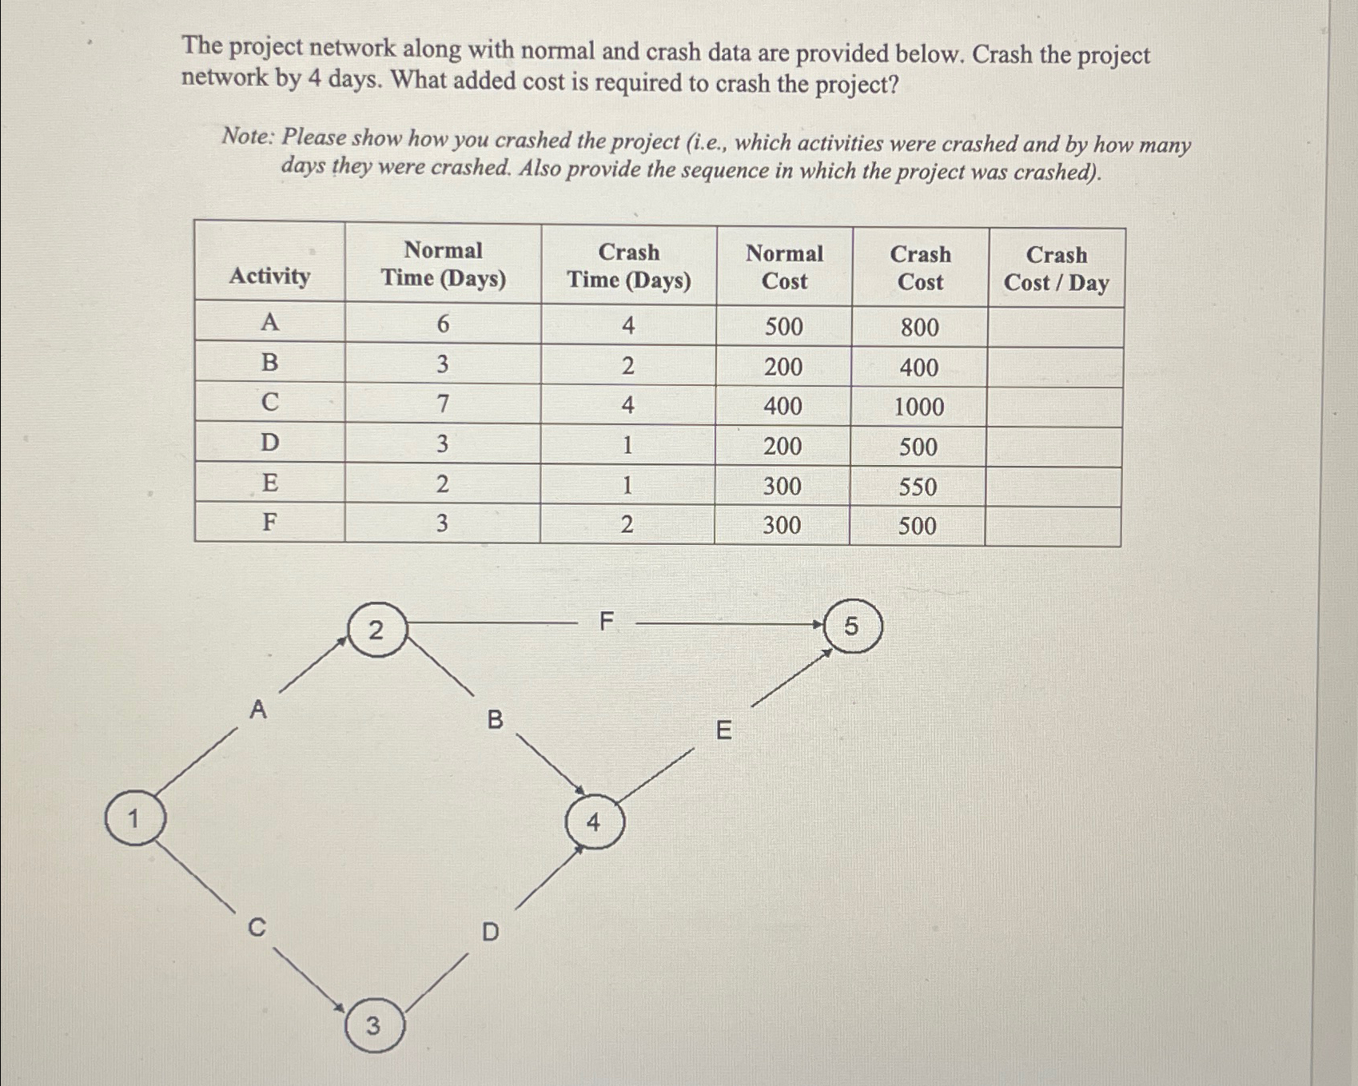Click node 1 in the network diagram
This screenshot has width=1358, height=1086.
(x=134, y=818)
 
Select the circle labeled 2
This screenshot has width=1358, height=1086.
(x=376, y=631)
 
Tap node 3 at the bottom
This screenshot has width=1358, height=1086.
(x=373, y=1025)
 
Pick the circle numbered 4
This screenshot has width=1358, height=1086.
(x=593, y=821)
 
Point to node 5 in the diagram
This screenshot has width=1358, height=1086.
(x=852, y=627)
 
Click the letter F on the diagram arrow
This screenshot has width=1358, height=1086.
(x=607, y=621)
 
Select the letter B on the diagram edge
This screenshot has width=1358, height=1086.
(x=496, y=720)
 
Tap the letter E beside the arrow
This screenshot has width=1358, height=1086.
(x=723, y=730)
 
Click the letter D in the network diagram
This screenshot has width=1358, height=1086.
(x=491, y=932)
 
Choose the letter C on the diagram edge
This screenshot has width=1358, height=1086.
(x=257, y=928)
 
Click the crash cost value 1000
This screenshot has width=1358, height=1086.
(x=918, y=407)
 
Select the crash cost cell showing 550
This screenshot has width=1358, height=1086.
(x=918, y=487)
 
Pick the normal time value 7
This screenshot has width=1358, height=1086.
(x=442, y=404)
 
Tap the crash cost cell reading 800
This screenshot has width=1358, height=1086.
(x=919, y=328)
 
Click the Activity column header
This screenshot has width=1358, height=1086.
(x=269, y=276)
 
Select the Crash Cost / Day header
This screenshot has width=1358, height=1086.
(x=1056, y=269)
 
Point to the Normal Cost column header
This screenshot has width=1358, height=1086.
(x=784, y=267)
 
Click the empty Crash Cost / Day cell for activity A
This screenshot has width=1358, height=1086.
(x=1055, y=328)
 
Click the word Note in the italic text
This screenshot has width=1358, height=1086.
(x=246, y=137)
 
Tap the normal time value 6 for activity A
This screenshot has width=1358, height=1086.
(x=443, y=324)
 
